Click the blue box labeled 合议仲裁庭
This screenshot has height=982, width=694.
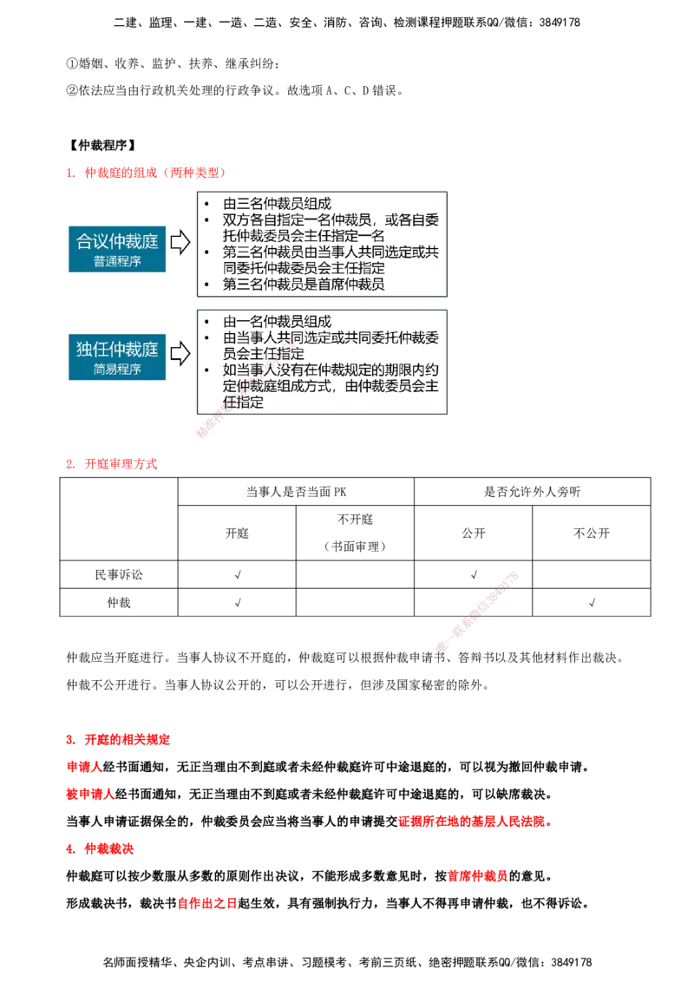(x=117, y=249)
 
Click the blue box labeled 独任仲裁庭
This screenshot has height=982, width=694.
(x=117, y=357)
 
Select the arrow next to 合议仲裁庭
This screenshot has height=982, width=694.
(x=180, y=242)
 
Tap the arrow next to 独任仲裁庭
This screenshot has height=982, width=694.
(x=180, y=353)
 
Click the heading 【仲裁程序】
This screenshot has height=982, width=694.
(x=101, y=145)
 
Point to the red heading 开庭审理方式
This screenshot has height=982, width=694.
(x=121, y=464)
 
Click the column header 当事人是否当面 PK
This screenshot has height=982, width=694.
(x=297, y=492)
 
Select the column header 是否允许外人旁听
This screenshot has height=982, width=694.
(x=533, y=492)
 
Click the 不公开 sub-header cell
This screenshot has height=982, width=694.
(x=592, y=533)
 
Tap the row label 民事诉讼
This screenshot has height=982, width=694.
(x=119, y=574)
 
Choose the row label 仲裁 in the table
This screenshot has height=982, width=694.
(x=119, y=603)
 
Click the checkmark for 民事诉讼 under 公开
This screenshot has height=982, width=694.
(x=474, y=574)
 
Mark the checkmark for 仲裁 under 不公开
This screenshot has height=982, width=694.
(x=592, y=603)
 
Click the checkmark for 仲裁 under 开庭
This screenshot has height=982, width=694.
(x=238, y=603)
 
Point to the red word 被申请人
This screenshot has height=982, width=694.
(x=90, y=794)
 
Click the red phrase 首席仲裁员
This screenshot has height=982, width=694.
(x=477, y=876)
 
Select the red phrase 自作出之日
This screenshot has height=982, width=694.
(x=207, y=903)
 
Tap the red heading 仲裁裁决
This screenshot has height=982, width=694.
(x=109, y=848)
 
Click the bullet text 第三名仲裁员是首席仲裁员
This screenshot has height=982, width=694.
(x=304, y=285)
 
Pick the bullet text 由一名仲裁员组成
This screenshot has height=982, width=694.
(x=277, y=322)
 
